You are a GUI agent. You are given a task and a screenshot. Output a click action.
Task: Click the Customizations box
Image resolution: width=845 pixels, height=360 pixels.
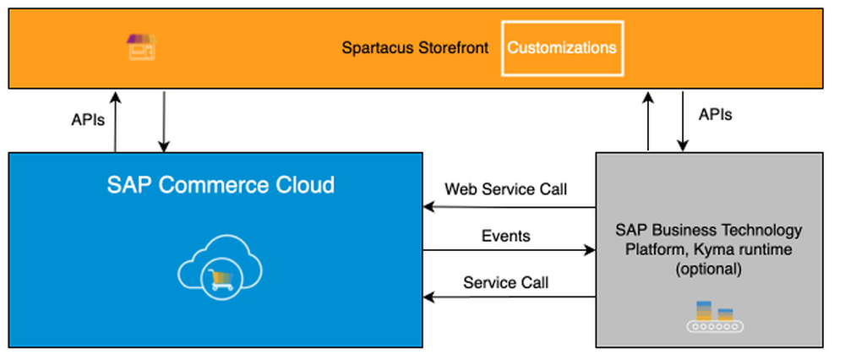click(x=562, y=47)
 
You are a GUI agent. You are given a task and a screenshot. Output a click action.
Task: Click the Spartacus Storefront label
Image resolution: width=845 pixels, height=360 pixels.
click(x=415, y=47)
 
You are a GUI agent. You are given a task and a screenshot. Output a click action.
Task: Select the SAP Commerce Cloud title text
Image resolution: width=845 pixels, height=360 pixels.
click(x=221, y=184)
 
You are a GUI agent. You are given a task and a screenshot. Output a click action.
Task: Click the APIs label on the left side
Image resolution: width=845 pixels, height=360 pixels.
click(x=88, y=120)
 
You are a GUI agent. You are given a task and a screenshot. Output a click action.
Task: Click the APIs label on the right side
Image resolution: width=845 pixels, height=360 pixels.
click(x=716, y=114)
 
